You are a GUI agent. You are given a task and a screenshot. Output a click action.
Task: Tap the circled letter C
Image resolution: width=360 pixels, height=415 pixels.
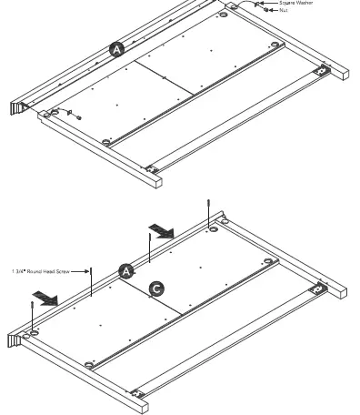156,288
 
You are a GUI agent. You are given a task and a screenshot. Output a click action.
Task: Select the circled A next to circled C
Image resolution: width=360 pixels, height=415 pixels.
127,270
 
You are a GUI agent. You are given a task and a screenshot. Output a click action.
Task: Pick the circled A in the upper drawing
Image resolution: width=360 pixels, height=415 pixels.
116,50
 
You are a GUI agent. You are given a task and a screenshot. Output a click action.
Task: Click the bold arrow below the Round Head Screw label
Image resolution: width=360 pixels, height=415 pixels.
43,298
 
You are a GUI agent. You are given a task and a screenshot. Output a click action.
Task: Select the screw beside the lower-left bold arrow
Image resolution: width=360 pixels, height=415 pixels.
33,316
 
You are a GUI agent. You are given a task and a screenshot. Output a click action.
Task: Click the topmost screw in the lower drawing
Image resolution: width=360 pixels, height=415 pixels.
210,207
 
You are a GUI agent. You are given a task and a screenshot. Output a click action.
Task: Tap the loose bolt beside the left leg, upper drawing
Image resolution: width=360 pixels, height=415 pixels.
77,116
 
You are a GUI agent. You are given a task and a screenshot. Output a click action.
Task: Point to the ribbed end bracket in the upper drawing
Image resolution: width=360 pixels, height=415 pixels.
15,107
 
